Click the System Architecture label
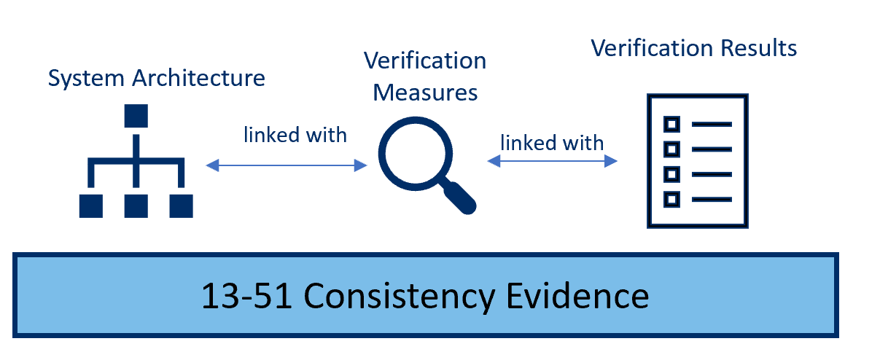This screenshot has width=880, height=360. click(x=156, y=78)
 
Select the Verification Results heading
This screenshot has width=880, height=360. click(x=693, y=48)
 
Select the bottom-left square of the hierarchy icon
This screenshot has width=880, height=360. click(x=91, y=206)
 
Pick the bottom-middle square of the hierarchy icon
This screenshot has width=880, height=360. click(x=136, y=206)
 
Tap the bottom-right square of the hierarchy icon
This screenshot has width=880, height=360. click(x=181, y=206)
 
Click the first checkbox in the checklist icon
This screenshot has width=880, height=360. click(x=672, y=124)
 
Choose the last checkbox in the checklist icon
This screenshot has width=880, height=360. click(x=672, y=198)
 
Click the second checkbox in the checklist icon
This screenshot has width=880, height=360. click(x=672, y=149)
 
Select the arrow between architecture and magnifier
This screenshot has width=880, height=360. click(x=287, y=166)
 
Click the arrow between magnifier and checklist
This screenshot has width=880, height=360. click(x=553, y=162)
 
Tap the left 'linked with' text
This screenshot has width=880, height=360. click(x=295, y=135)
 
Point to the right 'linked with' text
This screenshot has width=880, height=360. click(x=553, y=142)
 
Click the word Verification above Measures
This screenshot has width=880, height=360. click(x=425, y=60)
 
